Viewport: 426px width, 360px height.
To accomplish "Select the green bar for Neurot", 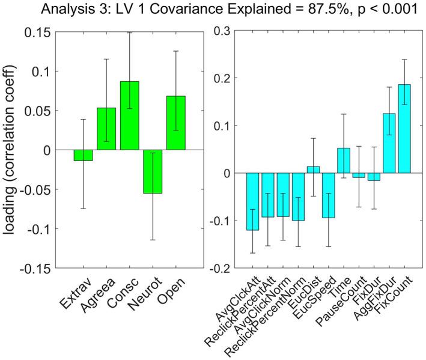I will (152, 171).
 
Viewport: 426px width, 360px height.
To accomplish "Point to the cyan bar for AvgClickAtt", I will (252, 201).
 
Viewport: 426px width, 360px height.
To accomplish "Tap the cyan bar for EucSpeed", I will (328, 195).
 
